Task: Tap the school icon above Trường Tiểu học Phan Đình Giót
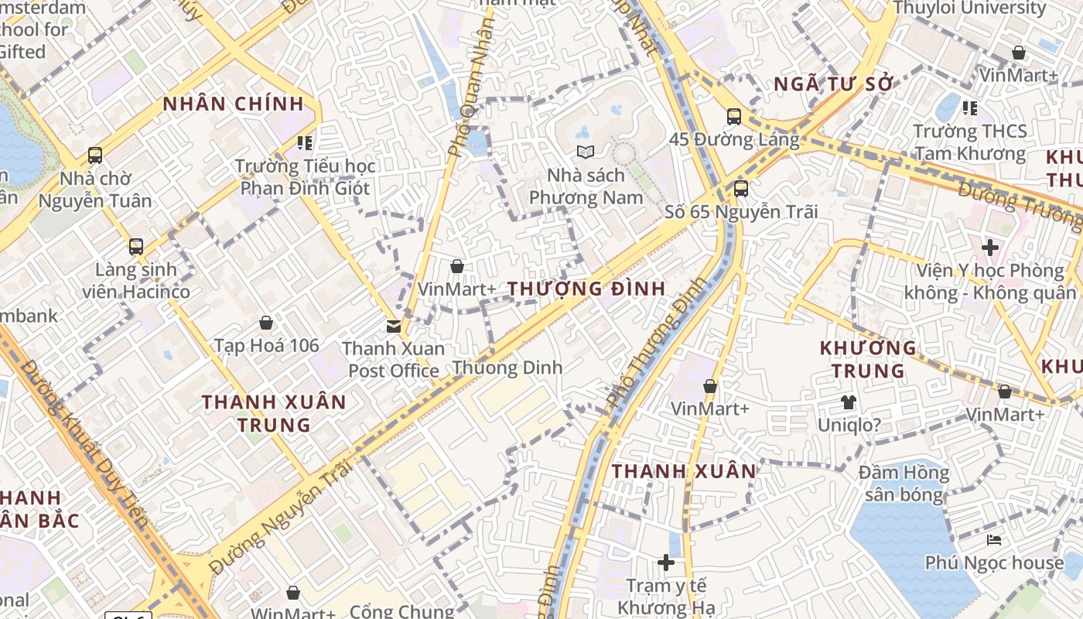[305, 143]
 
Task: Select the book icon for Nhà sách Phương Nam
[586, 152]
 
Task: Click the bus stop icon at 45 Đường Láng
[733, 117]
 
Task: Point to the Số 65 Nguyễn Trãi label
[741, 211]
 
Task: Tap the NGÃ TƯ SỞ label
[834, 84]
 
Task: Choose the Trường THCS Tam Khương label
[970, 142]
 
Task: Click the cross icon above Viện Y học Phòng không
[989, 248]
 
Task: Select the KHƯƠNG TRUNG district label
[868, 359]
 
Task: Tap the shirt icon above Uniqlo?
[849, 402]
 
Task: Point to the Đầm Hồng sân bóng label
[904, 484]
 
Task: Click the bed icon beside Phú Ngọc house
[994, 540]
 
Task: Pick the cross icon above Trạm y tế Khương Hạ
[666, 562]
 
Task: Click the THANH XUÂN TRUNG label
[274, 413]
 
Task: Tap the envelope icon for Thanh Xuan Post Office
[394, 327]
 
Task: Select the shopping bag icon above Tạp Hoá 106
[266, 322]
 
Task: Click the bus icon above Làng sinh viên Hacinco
[136, 247]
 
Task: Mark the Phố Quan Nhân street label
[470, 89]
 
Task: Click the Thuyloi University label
[969, 9]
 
